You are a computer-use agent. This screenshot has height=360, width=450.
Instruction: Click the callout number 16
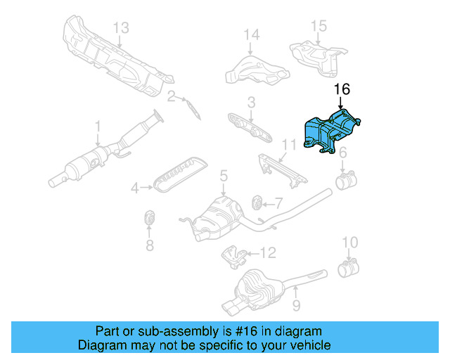[342, 89]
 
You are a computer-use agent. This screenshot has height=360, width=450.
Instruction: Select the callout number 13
[121, 27]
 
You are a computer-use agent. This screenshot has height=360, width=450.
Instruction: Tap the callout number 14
[251, 34]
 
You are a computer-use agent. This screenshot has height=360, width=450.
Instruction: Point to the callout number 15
[319, 26]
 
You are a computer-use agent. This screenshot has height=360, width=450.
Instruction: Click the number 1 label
[98, 126]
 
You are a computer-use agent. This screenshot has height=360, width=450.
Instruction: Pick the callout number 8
[149, 245]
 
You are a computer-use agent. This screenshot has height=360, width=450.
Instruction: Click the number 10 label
[349, 243]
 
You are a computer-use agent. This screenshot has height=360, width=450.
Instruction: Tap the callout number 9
[296, 304]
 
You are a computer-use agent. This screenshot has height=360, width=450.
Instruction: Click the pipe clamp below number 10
[347, 268]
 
